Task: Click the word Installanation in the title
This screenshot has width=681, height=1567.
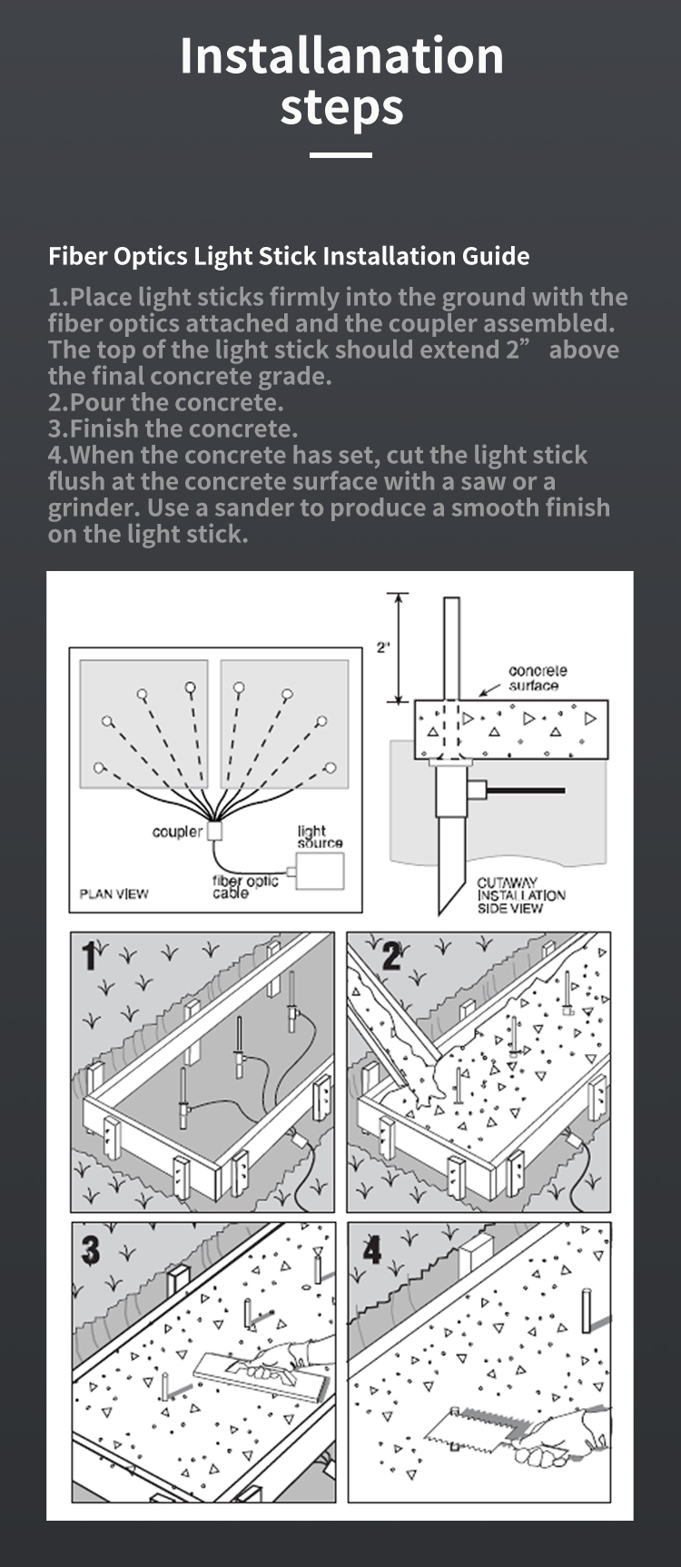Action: point(341,55)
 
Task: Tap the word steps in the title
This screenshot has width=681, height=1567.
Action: point(341,108)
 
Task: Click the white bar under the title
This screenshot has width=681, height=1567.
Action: point(340,155)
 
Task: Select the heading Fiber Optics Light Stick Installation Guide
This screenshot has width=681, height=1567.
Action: point(289,256)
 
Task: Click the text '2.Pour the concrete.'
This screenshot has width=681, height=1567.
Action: point(166,402)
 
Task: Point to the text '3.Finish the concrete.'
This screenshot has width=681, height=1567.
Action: point(173,429)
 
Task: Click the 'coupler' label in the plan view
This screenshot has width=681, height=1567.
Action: point(177,832)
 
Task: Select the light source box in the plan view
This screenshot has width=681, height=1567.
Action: point(321,872)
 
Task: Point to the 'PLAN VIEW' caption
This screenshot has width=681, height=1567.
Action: point(113,894)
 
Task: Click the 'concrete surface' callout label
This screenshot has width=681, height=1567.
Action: point(538,677)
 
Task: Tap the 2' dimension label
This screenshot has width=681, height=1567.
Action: point(383,647)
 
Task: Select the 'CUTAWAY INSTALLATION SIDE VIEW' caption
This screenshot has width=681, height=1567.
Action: point(521,895)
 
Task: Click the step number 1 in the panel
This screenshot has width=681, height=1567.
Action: point(89,956)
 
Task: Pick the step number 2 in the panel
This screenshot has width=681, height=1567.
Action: point(392,957)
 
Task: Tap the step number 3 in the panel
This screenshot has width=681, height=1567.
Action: point(91,1250)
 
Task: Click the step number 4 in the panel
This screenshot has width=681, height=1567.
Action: point(372,1250)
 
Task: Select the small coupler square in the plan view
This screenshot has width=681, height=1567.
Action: point(214,831)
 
